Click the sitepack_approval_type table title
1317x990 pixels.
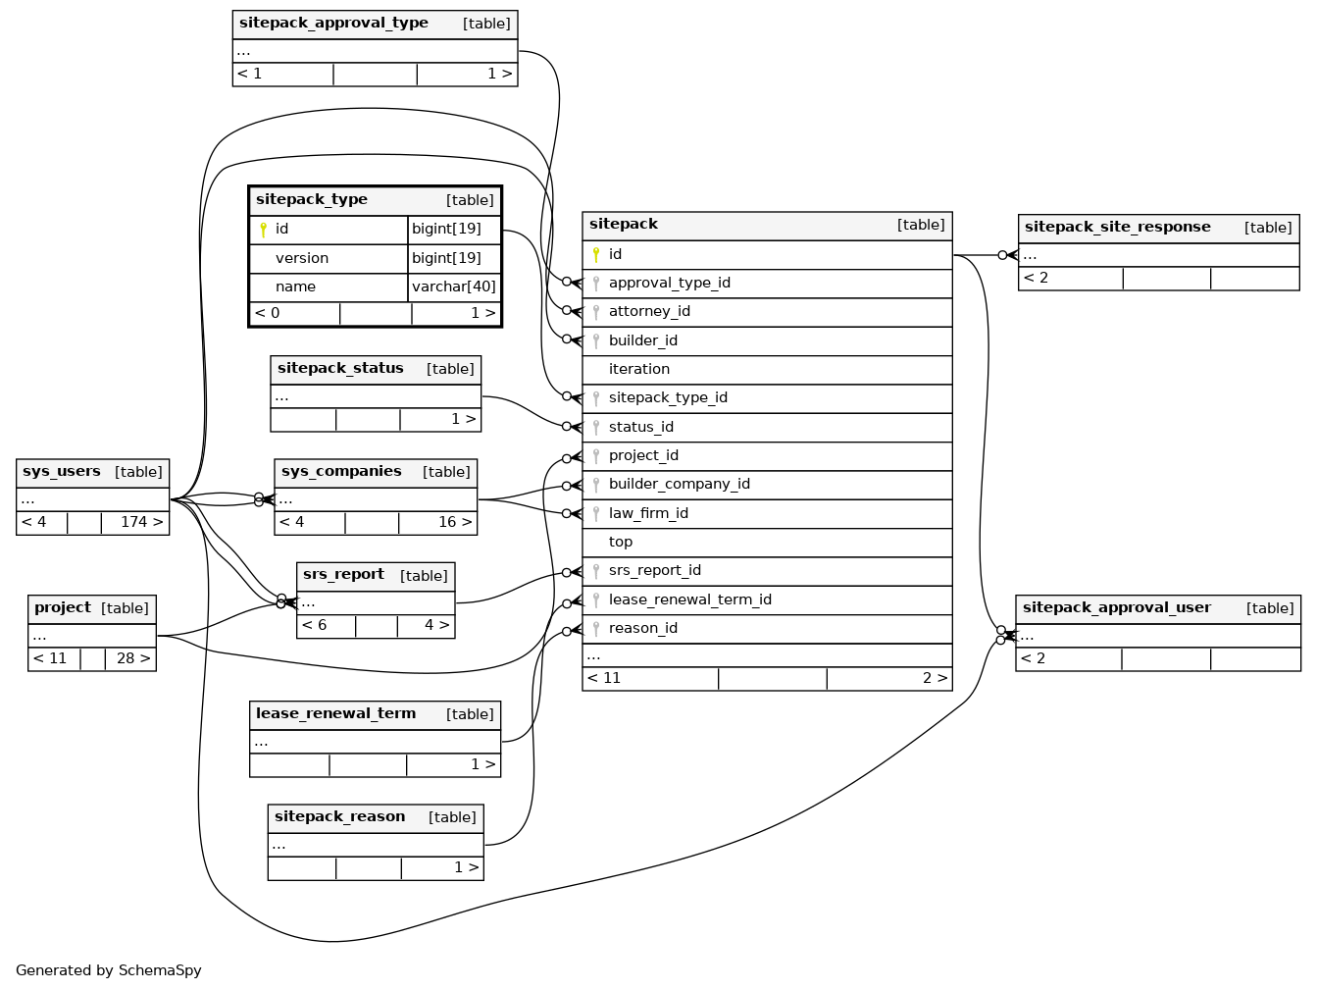click(333, 24)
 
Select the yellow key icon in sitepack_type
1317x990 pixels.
click(263, 230)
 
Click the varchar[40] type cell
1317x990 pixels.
click(454, 287)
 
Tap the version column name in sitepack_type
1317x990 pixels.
click(302, 259)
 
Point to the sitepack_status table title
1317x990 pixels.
click(340, 369)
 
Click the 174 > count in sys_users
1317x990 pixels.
click(141, 522)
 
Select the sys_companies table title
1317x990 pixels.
click(341, 472)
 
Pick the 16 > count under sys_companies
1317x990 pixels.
click(455, 522)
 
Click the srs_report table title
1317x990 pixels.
click(343, 575)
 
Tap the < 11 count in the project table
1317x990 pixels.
click(50, 658)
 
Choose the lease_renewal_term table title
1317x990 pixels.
click(335, 714)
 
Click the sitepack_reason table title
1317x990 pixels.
click(339, 817)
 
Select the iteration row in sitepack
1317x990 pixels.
click(639, 370)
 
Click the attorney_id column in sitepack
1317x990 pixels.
click(649, 312)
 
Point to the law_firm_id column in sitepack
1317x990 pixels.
click(648, 514)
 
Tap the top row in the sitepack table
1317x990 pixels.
click(621, 543)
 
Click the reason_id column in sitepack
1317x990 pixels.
click(642, 629)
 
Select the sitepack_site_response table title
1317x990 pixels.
click(1117, 228)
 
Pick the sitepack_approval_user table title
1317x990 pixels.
click(1116, 608)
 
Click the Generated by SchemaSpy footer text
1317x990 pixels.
click(109, 970)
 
